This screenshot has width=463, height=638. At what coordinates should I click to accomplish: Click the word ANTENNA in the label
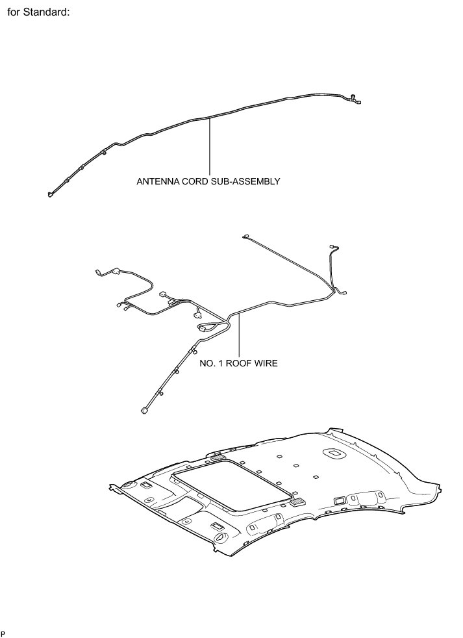[x=156, y=181]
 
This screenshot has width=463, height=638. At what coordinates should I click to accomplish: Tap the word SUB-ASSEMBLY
[x=245, y=181]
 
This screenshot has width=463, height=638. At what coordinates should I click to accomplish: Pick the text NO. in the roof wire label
[x=207, y=363]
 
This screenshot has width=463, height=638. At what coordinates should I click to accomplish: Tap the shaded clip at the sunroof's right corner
[x=298, y=502]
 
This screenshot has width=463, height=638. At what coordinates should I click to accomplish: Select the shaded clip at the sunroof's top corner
[x=218, y=458]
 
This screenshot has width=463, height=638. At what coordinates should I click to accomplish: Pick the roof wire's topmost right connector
[x=332, y=246]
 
